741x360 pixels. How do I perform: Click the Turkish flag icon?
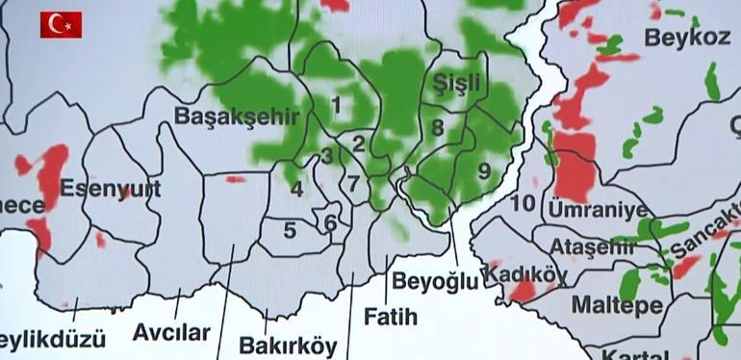tap(61, 24)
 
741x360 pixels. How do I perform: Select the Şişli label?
tap(456, 81)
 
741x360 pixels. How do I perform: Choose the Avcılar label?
tap(171, 333)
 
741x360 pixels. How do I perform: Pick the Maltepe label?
tap(616, 306)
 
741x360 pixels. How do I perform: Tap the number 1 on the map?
tap(336, 103)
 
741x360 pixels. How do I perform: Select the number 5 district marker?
tap(290, 230)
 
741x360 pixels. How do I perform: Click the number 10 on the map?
tap(523, 203)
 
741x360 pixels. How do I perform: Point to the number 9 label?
tap(484, 170)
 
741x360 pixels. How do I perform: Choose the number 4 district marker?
tap(297, 189)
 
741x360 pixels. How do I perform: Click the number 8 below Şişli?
tap(437, 127)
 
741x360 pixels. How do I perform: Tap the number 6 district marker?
tap(330, 222)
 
